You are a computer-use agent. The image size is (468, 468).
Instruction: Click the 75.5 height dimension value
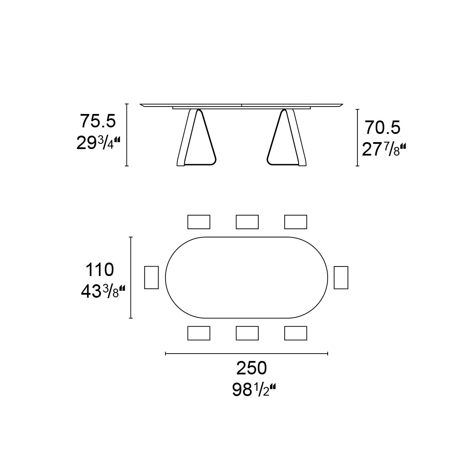pyautogui.click(x=97, y=121)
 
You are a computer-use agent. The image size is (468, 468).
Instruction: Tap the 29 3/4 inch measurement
pyautogui.click(x=98, y=143)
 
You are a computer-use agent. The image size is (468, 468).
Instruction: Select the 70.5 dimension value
pyautogui.click(x=383, y=128)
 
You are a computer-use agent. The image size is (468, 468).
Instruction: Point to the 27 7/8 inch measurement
pyautogui.click(x=384, y=149)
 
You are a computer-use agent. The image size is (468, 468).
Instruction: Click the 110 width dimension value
pyautogui.click(x=100, y=270)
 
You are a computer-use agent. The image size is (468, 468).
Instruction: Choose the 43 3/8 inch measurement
pyautogui.click(x=103, y=291)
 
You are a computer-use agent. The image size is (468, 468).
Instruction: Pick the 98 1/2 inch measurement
pyautogui.click(x=254, y=390)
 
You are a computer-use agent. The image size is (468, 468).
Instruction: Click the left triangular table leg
pyautogui.click(x=196, y=137)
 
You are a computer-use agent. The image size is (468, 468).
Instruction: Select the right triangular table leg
pyautogui.click(x=286, y=137)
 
